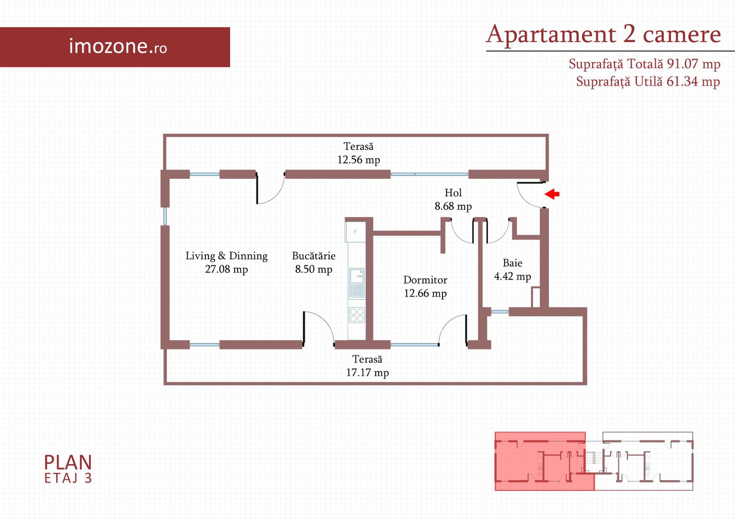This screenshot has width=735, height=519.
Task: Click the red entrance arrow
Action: [x=552, y=194]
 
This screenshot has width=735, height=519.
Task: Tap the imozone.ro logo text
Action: [x=118, y=46]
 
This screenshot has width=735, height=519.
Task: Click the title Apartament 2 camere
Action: [x=603, y=35]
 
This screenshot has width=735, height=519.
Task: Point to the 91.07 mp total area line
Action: [x=645, y=63]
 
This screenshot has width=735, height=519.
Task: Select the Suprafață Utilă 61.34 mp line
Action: [x=648, y=81]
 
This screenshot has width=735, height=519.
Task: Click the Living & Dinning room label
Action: [x=227, y=262]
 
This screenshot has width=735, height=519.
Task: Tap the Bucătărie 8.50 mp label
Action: [x=314, y=262]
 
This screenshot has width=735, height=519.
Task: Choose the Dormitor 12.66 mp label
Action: [x=425, y=286]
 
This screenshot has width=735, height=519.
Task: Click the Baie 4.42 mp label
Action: [x=513, y=270]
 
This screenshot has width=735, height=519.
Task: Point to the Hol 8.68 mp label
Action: [x=453, y=199]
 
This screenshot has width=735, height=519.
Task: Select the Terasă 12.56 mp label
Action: [x=359, y=153]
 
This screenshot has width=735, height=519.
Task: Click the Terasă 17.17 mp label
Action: [x=367, y=366]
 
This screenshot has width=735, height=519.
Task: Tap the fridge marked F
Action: [x=355, y=232]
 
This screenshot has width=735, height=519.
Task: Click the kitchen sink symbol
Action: [x=356, y=283]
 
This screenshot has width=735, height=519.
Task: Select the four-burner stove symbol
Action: [x=356, y=315]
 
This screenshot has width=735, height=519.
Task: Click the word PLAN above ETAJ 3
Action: [x=68, y=463]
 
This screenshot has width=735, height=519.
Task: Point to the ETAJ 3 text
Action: [x=68, y=478]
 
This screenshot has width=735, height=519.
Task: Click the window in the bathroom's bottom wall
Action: [x=500, y=312]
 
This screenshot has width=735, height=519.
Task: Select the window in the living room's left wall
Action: [x=165, y=216]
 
